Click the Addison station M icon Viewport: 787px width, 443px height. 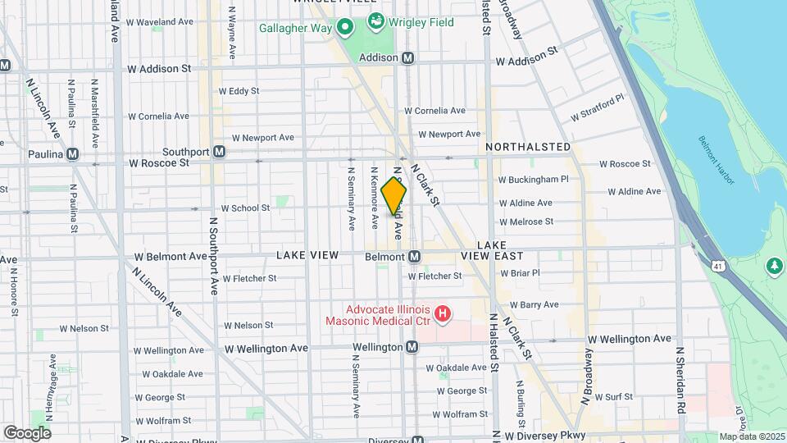(x=407, y=58)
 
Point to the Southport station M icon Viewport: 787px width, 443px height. (x=219, y=152)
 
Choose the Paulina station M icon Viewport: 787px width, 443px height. (x=73, y=153)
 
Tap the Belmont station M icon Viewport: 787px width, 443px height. (x=415, y=257)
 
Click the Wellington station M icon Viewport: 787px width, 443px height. (x=412, y=347)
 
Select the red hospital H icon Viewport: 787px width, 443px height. (x=443, y=313)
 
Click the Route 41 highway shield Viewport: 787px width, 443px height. (x=718, y=266)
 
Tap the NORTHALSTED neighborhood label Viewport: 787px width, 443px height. (x=528, y=147)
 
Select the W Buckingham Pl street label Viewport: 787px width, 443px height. (x=534, y=179)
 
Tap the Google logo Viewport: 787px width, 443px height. (x=26, y=432)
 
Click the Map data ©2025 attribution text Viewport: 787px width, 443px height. (x=752, y=436)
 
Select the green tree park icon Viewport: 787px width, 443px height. (x=774, y=267)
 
